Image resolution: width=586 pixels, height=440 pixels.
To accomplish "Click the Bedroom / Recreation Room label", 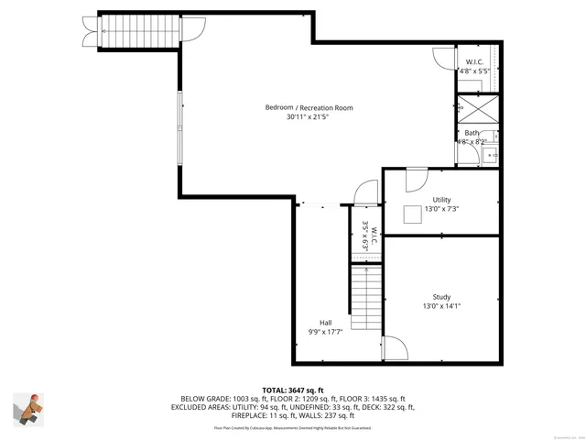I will (x=309, y=107).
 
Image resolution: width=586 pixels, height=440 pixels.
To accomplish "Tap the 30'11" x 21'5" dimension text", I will (x=307, y=117).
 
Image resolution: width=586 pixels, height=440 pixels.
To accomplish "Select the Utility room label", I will (x=441, y=199).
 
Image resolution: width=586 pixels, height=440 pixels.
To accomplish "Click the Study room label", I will (x=441, y=296).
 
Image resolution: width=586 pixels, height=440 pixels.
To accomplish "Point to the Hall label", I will (x=325, y=321).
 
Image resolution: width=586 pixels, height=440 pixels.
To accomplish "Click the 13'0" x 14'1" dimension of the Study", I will (x=441, y=306).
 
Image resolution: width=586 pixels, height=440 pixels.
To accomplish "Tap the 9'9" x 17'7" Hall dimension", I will (x=325, y=331).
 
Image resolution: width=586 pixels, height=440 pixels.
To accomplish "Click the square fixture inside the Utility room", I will (x=414, y=213).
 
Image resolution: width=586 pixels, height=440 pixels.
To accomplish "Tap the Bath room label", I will (x=471, y=133).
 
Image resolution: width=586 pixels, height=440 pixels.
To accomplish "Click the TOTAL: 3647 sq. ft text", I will (x=294, y=390).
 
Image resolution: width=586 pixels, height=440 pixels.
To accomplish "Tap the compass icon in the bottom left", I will (x=28, y=408).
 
